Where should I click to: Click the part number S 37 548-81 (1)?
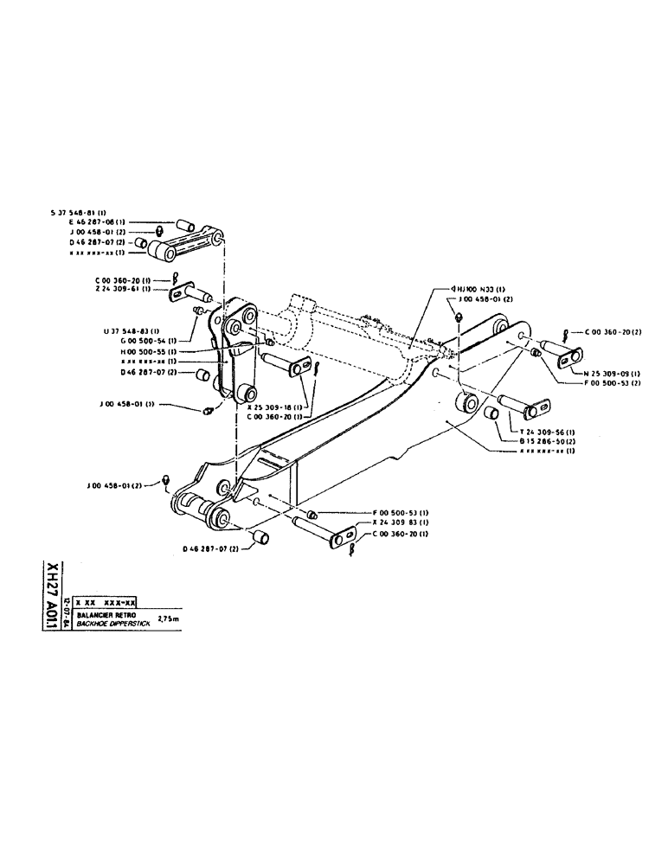[78, 212]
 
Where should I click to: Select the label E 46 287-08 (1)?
[100, 222]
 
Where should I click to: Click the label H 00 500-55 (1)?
[146, 352]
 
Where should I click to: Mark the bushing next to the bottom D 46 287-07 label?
[260, 539]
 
